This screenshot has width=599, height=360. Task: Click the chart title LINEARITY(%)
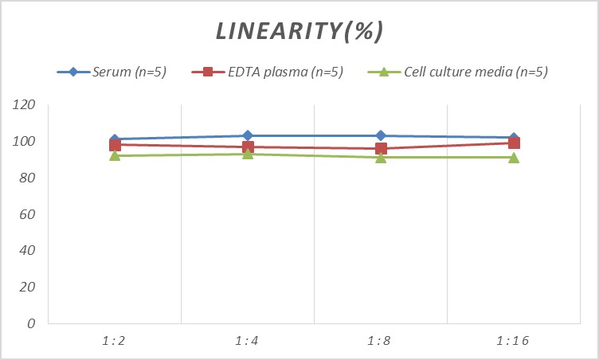click(299, 31)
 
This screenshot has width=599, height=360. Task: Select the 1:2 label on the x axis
click(115, 341)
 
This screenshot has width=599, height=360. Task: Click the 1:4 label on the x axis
click(248, 341)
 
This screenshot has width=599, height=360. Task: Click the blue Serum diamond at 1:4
click(248, 135)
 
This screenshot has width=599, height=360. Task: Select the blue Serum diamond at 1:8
click(381, 135)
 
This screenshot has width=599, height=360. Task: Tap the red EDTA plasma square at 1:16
click(514, 143)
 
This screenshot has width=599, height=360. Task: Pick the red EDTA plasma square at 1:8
click(381, 148)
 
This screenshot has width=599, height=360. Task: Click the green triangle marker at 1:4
click(248, 153)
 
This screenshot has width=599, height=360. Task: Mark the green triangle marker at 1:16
click(514, 157)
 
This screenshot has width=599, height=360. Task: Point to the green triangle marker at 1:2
click(115, 155)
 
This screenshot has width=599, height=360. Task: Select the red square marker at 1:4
click(248, 147)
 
